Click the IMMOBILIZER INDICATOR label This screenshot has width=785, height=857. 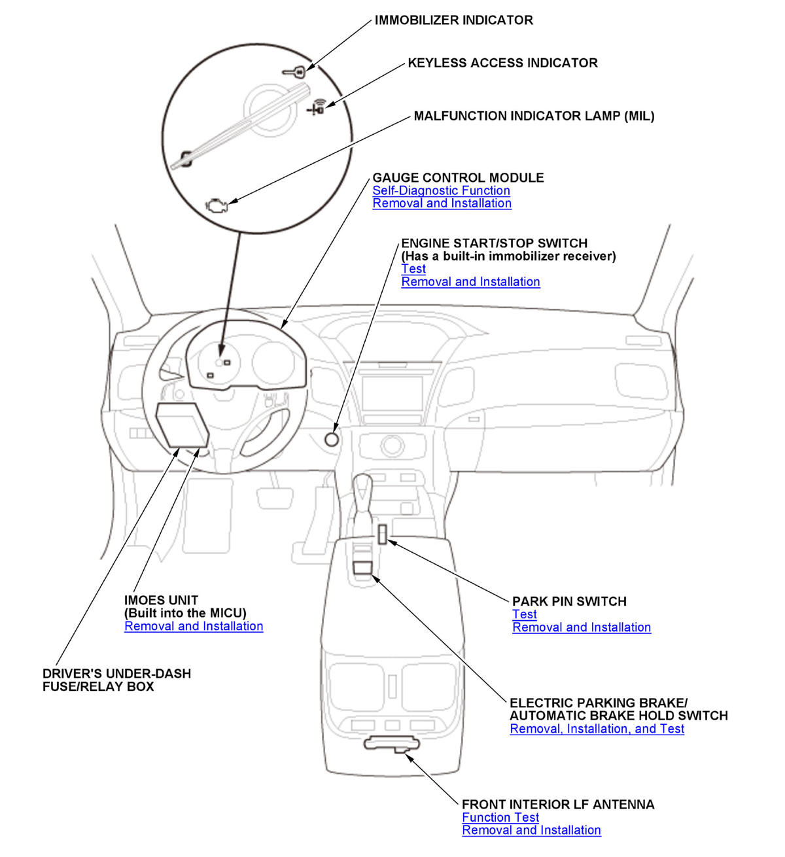point(453,20)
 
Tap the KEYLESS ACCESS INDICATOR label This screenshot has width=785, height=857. point(502,63)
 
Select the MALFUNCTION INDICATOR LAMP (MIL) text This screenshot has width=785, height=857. point(534,116)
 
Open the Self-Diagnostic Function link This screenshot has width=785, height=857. point(441,190)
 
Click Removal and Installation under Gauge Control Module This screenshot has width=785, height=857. point(442,203)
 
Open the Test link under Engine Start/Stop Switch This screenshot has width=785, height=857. point(413,269)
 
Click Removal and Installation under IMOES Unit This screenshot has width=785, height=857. point(194,626)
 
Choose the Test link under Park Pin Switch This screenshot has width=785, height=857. point(524,614)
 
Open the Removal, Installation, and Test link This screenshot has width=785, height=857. point(597,729)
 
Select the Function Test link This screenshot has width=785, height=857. point(500,817)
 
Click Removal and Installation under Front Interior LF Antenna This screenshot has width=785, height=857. point(531,830)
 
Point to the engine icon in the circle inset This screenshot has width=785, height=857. point(215,205)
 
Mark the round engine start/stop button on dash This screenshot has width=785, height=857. point(332,439)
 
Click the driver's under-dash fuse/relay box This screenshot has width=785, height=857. point(182,425)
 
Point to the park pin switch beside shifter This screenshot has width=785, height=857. point(381,533)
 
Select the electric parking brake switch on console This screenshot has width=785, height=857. point(362,567)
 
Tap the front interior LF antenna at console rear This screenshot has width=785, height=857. point(392,743)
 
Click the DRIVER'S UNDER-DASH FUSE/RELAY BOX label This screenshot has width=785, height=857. point(116,680)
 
